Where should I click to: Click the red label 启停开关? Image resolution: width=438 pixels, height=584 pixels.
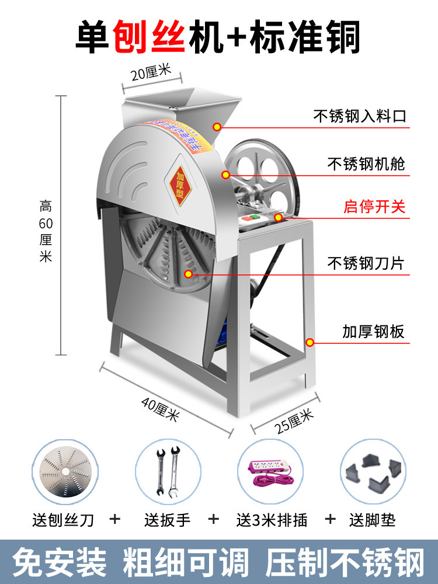(x=374, y=207)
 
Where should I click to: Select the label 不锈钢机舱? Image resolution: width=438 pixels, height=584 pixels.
(x=366, y=164)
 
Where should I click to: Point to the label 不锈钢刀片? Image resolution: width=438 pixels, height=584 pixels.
(x=366, y=263)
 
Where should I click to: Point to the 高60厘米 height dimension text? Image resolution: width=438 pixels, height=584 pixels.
(x=46, y=231)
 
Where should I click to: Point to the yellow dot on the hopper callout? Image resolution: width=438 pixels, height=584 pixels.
(x=217, y=126)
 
